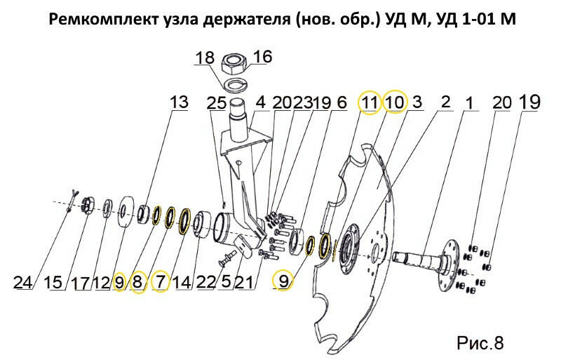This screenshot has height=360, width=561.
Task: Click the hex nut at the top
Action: point(234,64)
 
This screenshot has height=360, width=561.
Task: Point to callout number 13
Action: point(179,102)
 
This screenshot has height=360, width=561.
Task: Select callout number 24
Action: point(23,283)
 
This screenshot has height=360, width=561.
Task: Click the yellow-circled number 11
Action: point(370,102)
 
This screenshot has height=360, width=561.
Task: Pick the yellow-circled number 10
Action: point(395,102)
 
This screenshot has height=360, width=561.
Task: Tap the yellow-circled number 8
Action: point(138,283)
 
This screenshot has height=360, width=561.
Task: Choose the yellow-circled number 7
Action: point(160,282)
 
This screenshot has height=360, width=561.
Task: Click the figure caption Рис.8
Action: point(480,342)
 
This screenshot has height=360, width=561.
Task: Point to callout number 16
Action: point(263,57)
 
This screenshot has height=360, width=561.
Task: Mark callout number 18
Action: point(205,58)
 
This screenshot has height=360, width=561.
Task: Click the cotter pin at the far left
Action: point(72,201)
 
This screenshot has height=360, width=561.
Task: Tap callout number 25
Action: point(217,103)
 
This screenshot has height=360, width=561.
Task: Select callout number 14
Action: point(182,283)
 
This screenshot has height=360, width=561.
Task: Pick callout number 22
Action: point(206,283)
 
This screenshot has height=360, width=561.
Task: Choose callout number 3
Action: point(417,102)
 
